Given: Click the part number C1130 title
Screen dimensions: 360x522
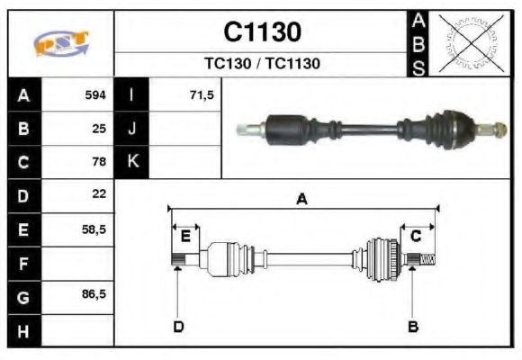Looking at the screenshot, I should (x=261, y=32).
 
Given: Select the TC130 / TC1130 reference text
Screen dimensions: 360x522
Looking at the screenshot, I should (x=261, y=64).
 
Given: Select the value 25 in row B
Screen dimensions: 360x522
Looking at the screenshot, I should (x=99, y=129).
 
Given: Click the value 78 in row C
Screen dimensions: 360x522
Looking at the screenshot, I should (x=99, y=163).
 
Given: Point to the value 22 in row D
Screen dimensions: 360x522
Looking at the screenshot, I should (x=99, y=194).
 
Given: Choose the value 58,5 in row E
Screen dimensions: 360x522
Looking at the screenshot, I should (x=94, y=229).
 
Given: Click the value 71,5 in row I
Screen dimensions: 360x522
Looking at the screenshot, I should (x=202, y=94).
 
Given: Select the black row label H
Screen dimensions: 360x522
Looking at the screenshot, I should (x=23, y=330).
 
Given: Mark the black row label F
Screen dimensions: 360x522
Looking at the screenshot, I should (x=23, y=263).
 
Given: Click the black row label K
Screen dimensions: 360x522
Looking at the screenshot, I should (x=131, y=162).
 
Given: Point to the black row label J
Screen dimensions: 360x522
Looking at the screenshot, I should (x=131, y=129).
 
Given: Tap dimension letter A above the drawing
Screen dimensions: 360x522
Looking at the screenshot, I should (x=301, y=200).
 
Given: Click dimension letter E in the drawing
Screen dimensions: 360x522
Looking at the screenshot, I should (x=185, y=236).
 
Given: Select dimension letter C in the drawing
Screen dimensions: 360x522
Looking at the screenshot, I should (x=416, y=236).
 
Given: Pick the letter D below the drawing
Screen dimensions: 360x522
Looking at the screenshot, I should (x=178, y=326).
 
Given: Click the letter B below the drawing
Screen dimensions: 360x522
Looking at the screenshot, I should (x=413, y=326).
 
